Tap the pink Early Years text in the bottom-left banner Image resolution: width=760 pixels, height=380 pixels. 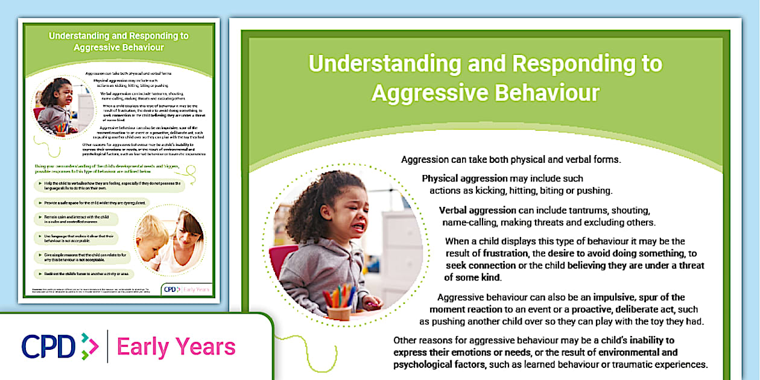point(176,347)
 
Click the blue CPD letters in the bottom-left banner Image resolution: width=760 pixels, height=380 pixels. point(48,347)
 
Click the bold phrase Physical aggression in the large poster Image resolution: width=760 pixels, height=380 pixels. point(464,179)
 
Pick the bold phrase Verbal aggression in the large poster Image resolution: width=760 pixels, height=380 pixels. point(477,211)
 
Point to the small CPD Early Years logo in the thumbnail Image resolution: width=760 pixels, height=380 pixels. point(187,289)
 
